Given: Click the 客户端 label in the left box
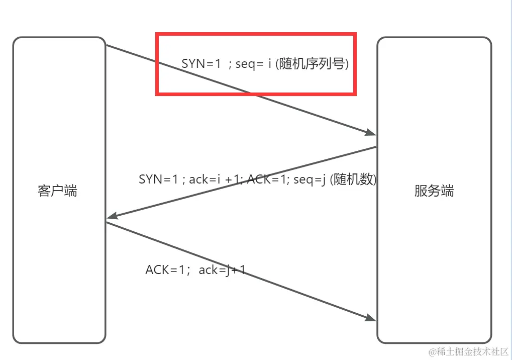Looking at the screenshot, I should click(57, 191).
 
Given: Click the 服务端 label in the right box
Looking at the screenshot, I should click(434, 191).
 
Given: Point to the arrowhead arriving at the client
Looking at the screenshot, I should click(112, 216).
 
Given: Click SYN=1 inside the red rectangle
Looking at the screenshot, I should click(201, 64).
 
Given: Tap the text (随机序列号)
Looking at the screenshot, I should click(312, 64).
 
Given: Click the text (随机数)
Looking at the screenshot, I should click(353, 179).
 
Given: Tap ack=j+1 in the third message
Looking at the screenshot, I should click(222, 270).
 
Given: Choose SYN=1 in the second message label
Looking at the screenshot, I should click(158, 179).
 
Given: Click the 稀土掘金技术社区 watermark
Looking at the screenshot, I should click(472, 350).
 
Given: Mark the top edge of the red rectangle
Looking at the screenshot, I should click(256, 35).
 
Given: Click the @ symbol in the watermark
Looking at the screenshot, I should click(431, 351).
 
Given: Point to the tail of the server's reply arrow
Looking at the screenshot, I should click(376, 147).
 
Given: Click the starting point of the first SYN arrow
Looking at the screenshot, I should click(107, 45).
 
